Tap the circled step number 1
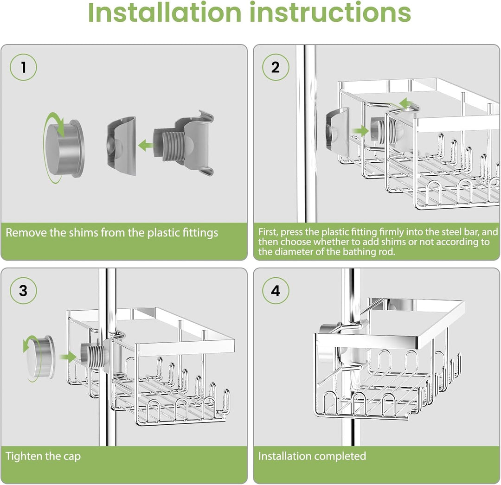click(x=23, y=67)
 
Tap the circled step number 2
click(x=276, y=67)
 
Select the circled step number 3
click(x=23, y=291)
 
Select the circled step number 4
click(x=276, y=291)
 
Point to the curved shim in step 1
click(x=122, y=146)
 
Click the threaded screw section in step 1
click(x=173, y=147)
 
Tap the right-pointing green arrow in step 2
click(x=360, y=131)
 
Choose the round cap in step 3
click(x=40, y=357)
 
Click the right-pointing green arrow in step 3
click(x=68, y=357)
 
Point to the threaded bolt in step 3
click(x=92, y=355)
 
